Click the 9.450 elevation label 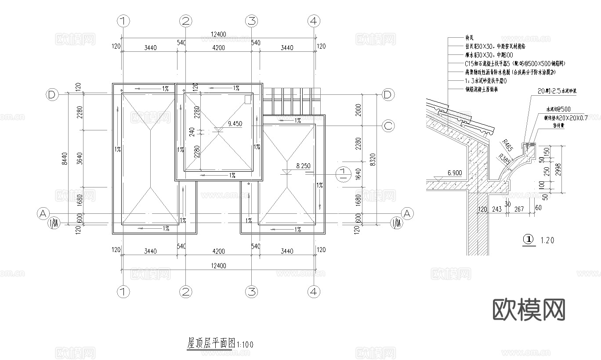[x=235, y=124]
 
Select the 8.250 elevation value [x=304, y=166]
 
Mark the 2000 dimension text [x=358, y=110]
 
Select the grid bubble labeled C [x=388, y=126]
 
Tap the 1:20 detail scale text [x=547, y=240]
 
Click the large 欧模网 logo [x=529, y=310]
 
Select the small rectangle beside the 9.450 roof [x=248, y=99]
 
